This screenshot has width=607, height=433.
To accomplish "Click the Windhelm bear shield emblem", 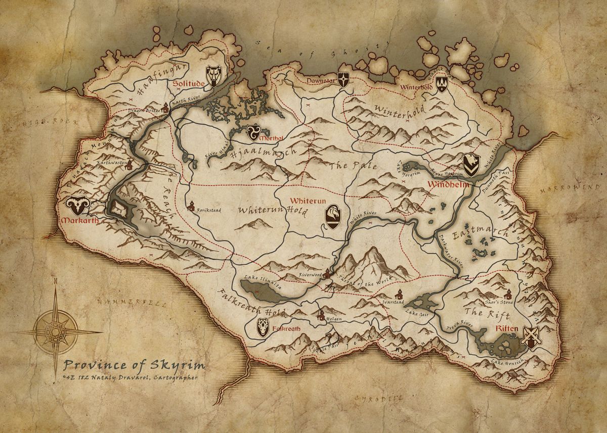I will point(470,165).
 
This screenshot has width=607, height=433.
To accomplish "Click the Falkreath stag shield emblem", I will point(263,327).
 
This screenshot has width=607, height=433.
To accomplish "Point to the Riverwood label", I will point(310,274).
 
